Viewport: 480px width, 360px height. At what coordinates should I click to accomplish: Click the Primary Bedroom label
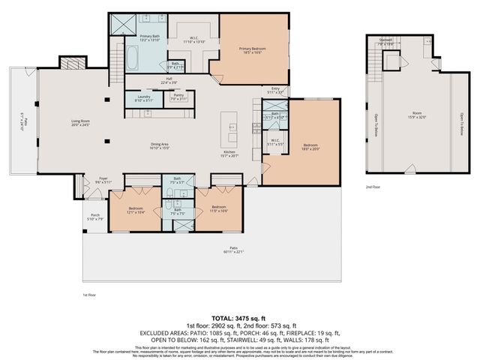point(252,50)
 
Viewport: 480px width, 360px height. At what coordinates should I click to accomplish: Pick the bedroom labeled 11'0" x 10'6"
point(218,208)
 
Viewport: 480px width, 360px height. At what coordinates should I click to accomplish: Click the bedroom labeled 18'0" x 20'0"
point(310,147)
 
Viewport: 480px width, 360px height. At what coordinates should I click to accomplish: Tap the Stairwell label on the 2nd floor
point(385,42)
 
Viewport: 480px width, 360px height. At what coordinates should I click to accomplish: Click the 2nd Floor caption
point(373,186)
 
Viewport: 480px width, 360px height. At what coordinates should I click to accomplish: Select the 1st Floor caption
point(91,295)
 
